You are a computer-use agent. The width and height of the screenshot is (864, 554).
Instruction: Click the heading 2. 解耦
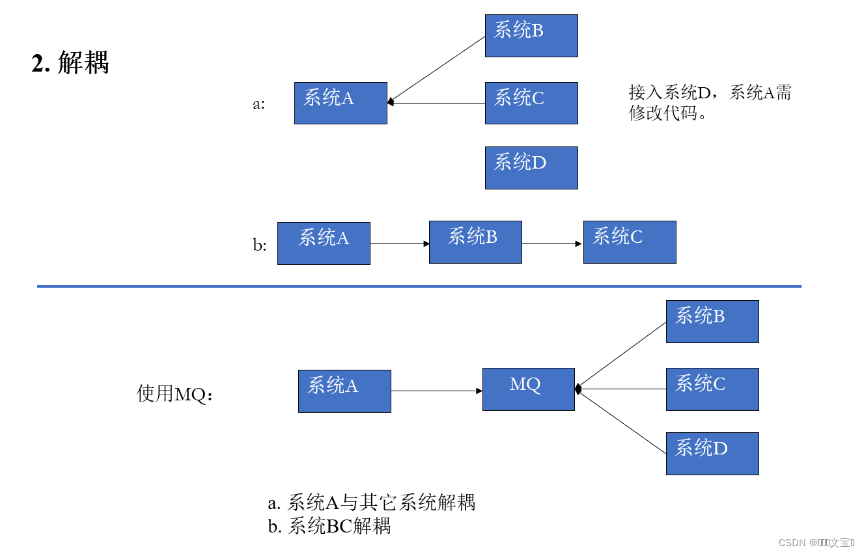[x=70, y=63]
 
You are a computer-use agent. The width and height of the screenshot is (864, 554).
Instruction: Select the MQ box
[x=528, y=389]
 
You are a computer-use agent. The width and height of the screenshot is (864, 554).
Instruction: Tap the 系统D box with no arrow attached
[x=531, y=168]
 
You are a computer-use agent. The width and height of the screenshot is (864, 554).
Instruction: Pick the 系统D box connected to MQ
[x=712, y=453]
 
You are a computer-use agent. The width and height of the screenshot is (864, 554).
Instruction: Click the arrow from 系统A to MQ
[x=436, y=391]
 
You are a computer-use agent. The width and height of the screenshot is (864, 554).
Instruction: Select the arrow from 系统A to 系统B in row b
[x=399, y=243]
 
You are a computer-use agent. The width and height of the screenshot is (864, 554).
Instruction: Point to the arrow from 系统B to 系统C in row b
[x=551, y=243]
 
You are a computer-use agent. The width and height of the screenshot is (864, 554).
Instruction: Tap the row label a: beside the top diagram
[x=259, y=104]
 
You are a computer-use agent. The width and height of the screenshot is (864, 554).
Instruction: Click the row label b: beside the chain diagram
[x=260, y=245]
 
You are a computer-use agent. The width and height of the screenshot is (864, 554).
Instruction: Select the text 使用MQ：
[x=175, y=394]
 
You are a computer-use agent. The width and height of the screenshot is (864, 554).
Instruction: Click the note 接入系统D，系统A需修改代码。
[x=710, y=103]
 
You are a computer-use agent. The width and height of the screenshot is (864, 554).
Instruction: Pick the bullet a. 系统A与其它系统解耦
[x=372, y=503]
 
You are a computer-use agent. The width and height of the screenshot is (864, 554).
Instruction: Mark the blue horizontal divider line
[x=419, y=286]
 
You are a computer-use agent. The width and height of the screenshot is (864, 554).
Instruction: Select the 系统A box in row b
[x=324, y=243]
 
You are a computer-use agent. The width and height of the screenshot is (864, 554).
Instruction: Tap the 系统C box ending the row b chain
[x=629, y=242]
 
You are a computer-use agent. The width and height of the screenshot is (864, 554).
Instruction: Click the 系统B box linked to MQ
[x=712, y=321]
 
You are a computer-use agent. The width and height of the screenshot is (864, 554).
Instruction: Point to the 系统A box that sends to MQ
[x=344, y=391]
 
